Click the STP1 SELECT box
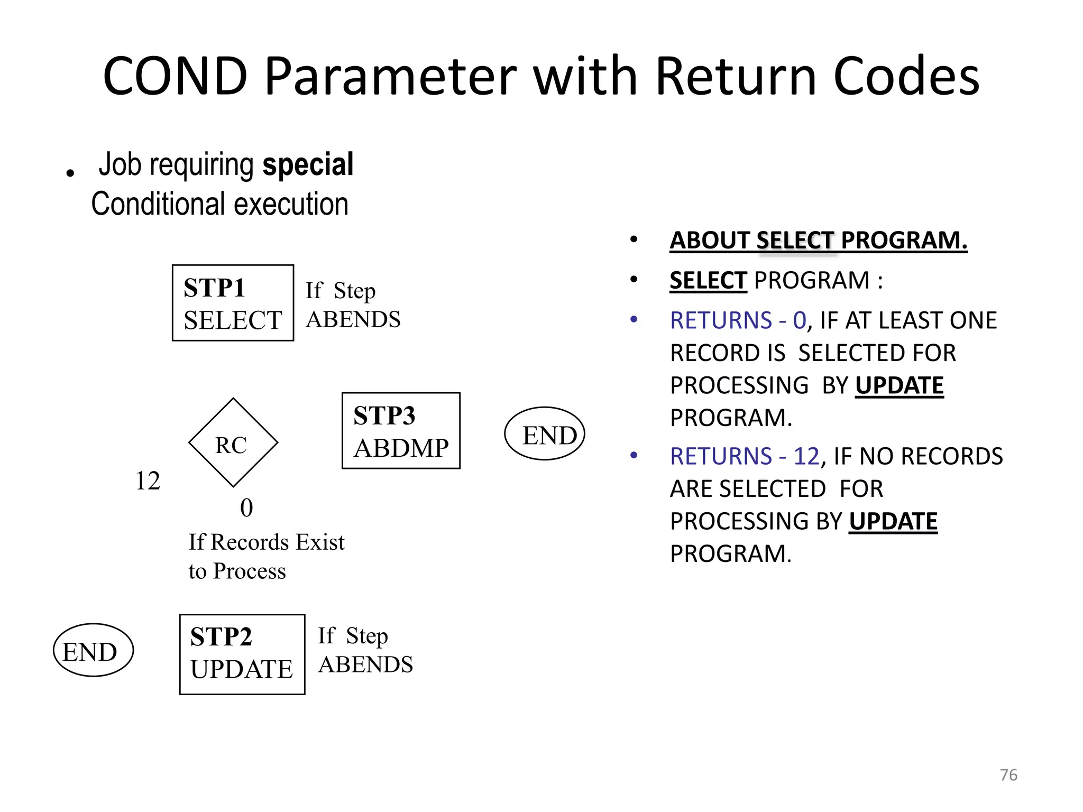click(233, 303)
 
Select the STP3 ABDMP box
click(401, 430)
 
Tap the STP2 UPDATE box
click(242, 654)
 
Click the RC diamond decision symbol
click(233, 443)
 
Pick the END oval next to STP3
click(545, 433)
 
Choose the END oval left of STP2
click(93, 650)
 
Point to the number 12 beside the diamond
click(148, 481)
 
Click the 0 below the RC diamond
click(246, 508)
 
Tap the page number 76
click(1008, 774)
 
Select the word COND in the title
click(175, 77)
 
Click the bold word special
click(308, 164)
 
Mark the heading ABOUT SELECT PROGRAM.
click(818, 241)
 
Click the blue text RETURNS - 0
click(738, 320)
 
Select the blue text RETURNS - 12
click(744, 456)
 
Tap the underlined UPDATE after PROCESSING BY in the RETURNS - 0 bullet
click(899, 385)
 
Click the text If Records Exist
click(266, 542)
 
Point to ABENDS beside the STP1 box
click(353, 319)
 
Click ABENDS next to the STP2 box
click(365, 665)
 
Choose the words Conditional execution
click(219, 204)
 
